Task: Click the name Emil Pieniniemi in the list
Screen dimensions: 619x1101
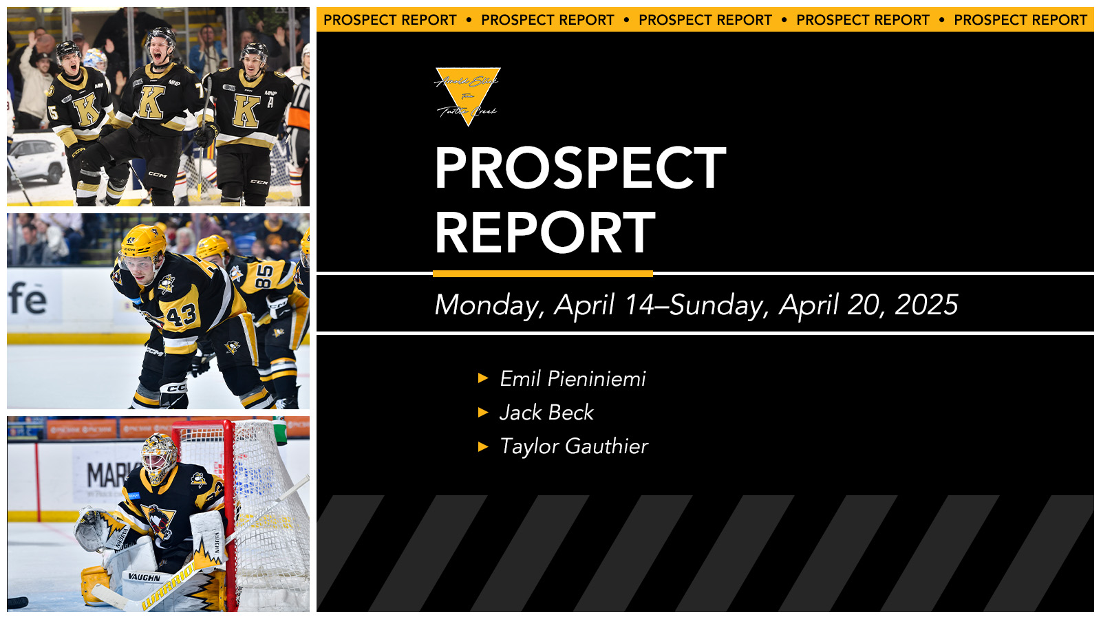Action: [x=573, y=378]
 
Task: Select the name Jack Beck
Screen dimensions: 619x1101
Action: [x=546, y=412]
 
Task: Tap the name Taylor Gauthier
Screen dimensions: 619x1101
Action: [x=574, y=446]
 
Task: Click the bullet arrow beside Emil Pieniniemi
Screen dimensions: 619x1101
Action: [x=483, y=378]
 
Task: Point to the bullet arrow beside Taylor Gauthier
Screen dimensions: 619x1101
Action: [x=483, y=446]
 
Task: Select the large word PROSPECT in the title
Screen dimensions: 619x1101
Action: [x=580, y=168]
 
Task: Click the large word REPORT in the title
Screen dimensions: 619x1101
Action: [x=545, y=232]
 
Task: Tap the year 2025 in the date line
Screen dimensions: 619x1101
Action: [x=926, y=305]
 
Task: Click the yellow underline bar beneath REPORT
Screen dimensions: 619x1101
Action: [x=542, y=274]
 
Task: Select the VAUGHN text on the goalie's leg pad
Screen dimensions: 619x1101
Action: [x=145, y=577]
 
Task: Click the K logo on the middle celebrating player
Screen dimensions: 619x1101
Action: [x=152, y=103]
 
